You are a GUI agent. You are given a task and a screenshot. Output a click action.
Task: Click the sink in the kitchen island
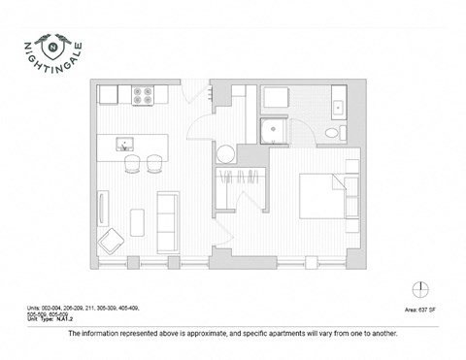[123, 146]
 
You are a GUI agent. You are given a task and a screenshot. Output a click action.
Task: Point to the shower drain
[275, 126]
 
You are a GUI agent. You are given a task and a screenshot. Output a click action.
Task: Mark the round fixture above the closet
[225, 153]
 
